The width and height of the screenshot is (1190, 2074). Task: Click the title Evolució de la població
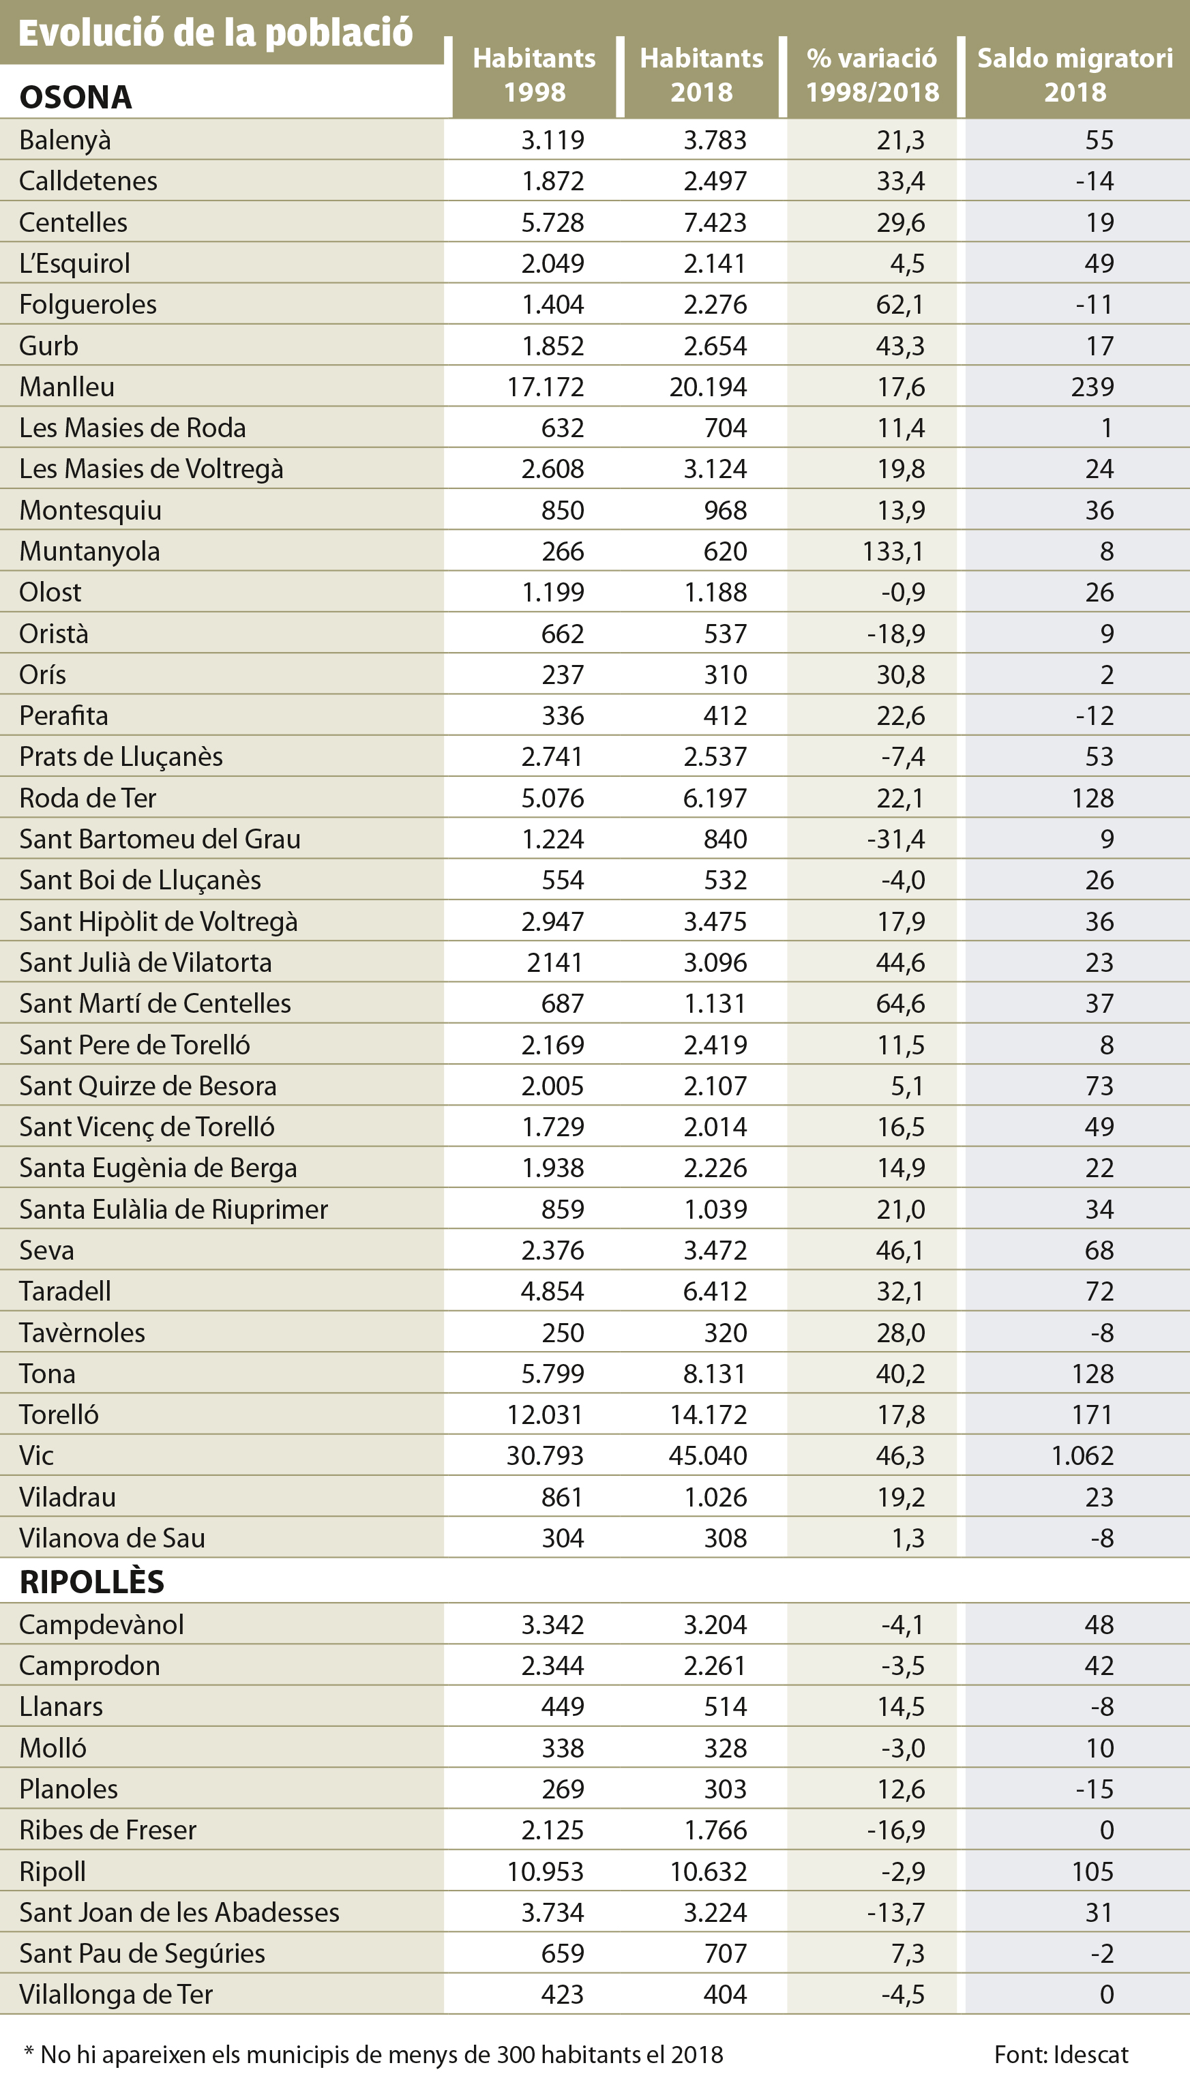click(215, 33)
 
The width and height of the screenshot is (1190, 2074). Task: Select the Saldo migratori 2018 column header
click(1075, 75)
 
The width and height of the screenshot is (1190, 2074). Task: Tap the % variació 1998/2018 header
click(872, 75)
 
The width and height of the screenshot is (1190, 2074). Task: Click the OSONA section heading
click(75, 98)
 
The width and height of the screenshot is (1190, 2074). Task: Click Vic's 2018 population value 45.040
click(707, 1455)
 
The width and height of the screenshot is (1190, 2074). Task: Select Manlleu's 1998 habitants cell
click(545, 387)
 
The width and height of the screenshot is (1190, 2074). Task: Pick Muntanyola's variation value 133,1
click(893, 551)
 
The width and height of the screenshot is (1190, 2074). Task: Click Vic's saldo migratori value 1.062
click(1082, 1455)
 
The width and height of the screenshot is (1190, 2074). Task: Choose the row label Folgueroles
click(87, 304)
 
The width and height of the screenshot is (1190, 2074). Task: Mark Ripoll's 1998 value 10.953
click(545, 1871)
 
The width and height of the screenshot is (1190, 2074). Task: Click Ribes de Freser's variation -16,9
click(896, 1830)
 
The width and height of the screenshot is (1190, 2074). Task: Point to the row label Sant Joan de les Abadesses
click(179, 1912)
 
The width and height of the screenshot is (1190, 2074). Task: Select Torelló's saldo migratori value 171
click(1092, 1414)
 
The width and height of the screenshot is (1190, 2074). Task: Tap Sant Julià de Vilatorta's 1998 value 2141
click(554, 962)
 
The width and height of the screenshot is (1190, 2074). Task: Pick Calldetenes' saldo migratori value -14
click(1095, 181)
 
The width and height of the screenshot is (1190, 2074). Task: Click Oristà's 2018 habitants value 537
click(725, 634)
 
